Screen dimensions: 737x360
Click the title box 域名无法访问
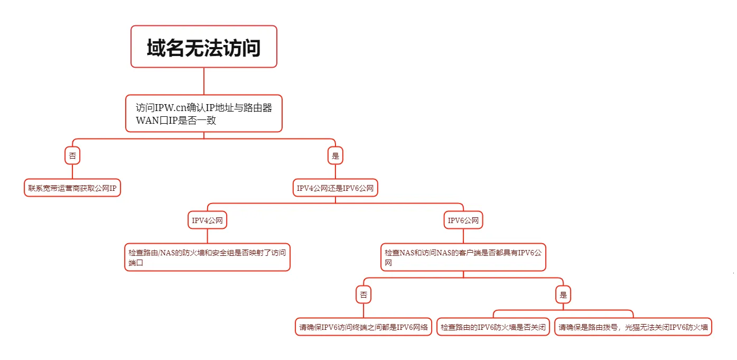pyautogui.click(x=203, y=47)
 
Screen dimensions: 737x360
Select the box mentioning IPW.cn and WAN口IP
pyautogui.click(x=203, y=114)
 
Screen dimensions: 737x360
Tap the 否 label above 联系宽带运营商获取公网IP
pyautogui.click(x=72, y=155)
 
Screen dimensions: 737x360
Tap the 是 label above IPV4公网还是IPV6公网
pyautogui.click(x=335, y=155)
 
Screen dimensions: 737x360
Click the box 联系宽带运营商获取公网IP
pyautogui.click(x=72, y=188)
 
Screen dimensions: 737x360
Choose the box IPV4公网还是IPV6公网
pyautogui.click(x=335, y=188)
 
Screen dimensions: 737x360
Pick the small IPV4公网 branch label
pyautogui.click(x=207, y=220)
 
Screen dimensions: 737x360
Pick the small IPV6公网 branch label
pyautogui.click(x=463, y=220)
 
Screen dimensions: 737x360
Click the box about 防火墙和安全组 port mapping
pyautogui.click(x=207, y=257)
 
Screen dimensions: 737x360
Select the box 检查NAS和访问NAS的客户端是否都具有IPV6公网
pyautogui.click(x=463, y=257)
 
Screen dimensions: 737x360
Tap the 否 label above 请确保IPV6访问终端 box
pyautogui.click(x=363, y=294)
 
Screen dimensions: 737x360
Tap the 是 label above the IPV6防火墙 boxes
pyautogui.click(x=563, y=294)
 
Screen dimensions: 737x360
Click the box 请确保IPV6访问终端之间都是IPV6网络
pyautogui.click(x=363, y=327)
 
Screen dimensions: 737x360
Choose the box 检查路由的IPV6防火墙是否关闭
pyautogui.click(x=493, y=327)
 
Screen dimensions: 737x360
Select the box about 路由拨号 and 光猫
pyautogui.click(x=633, y=327)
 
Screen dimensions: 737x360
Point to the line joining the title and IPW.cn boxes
pyautogui.click(x=204, y=81)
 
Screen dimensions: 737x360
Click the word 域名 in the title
pyautogui.click(x=165, y=48)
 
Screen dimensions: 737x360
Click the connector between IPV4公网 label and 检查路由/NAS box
pyautogui.click(x=207, y=236)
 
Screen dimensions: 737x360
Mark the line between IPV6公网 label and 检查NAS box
pyautogui.click(x=463, y=236)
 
